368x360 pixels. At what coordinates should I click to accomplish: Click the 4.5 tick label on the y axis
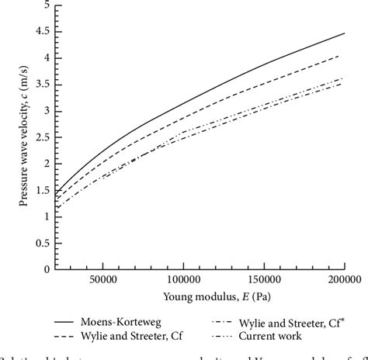[45, 32]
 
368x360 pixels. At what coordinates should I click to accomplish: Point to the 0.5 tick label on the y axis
[45, 244]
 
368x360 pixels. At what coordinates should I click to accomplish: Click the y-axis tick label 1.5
[45, 191]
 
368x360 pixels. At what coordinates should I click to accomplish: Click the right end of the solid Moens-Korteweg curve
[345, 33]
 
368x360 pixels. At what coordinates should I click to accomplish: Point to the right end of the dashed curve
[339, 56]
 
